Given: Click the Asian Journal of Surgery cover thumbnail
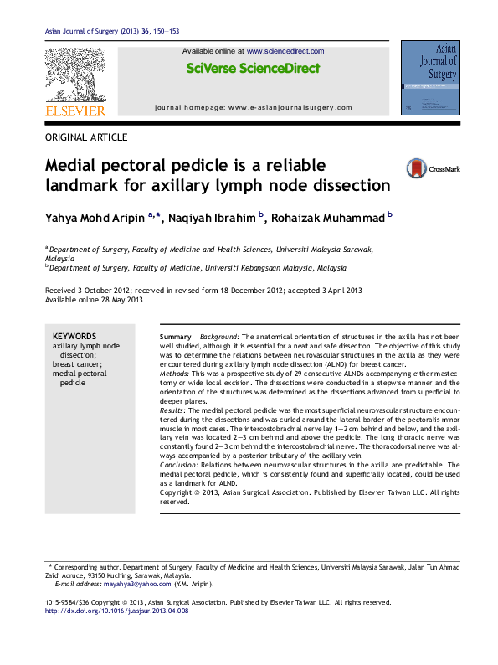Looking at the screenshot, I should pos(429,77).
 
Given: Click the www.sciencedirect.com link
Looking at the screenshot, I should pos(285,51).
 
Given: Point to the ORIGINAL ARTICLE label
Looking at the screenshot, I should pos(86,137).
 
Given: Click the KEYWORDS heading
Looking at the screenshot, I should pos(74,336).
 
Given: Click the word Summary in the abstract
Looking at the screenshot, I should pos(176,336).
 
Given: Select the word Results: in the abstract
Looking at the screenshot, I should pos(174,411).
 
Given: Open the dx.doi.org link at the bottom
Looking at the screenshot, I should pos(116,611).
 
